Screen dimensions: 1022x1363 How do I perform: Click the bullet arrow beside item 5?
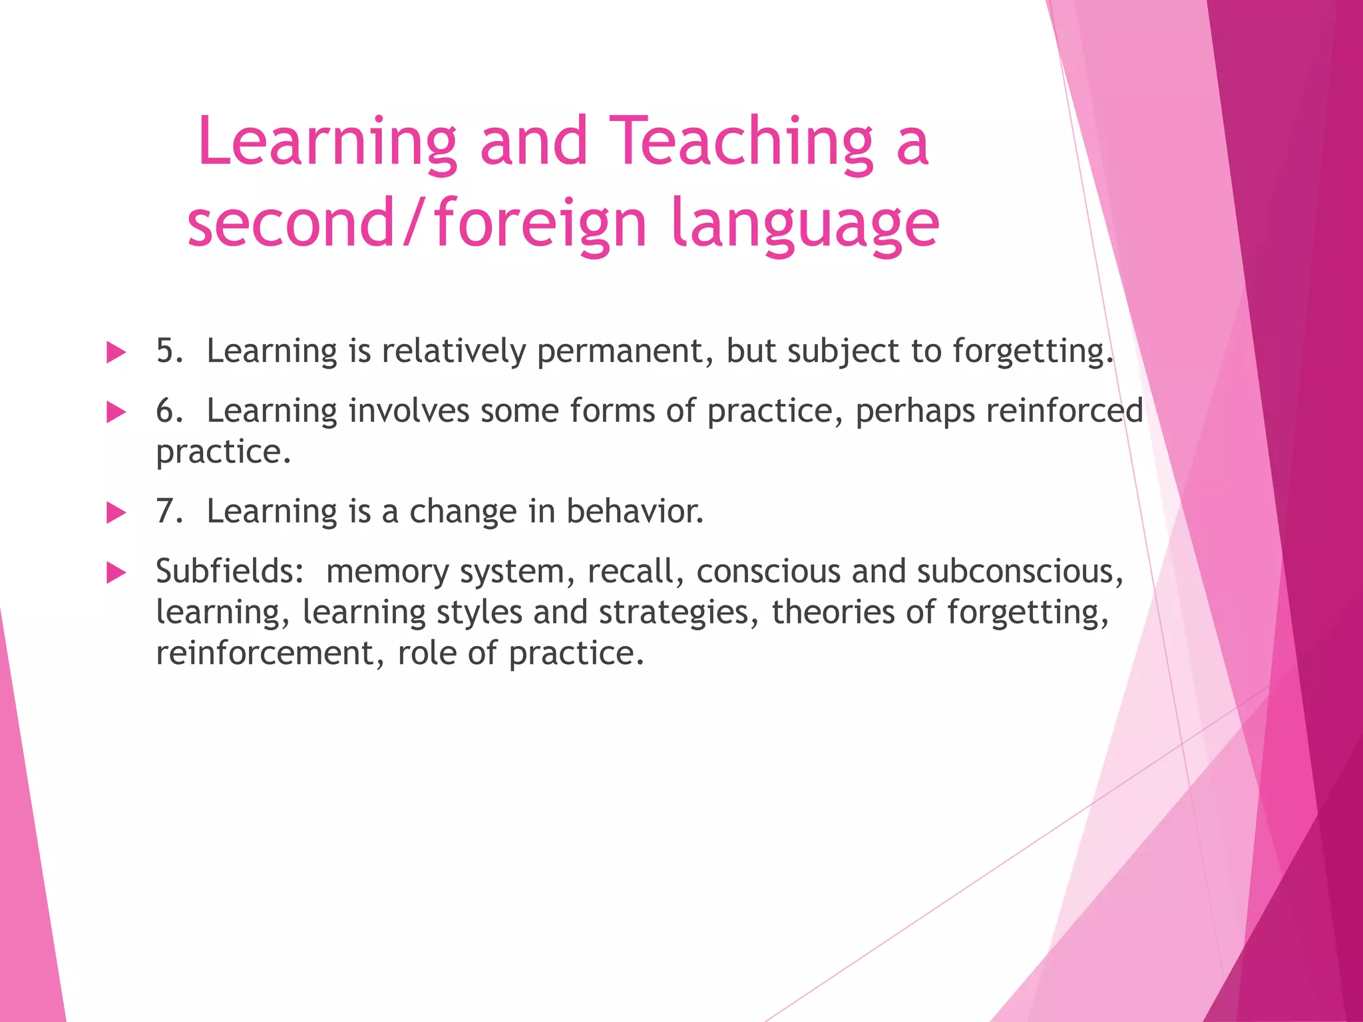[116, 352]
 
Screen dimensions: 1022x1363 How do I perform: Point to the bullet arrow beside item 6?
[116, 413]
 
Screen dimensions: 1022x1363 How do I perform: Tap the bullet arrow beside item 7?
[116, 513]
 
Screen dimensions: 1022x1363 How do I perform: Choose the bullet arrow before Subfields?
[116, 573]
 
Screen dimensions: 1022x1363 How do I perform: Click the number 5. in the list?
[170, 351]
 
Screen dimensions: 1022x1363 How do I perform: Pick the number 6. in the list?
[170, 411]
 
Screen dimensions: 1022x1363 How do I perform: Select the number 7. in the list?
[170, 512]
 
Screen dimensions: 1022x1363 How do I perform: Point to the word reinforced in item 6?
[1064, 411]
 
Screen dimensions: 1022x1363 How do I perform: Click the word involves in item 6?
[409, 411]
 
